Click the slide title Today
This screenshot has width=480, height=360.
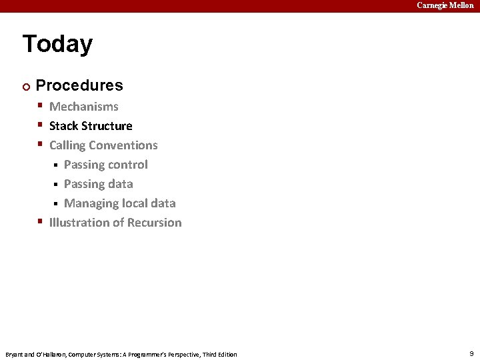[57, 44]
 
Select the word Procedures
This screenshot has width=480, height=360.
[79, 85]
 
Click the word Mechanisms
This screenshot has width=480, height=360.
[84, 107]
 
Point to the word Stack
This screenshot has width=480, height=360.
[64, 126]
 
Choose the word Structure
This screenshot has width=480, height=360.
[107, 126]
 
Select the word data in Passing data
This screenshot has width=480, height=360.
[121, 184]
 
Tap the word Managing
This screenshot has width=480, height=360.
[91, 204]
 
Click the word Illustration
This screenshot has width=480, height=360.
[79, 223]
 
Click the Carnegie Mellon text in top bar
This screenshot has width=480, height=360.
[445, 5]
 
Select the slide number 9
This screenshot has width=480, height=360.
[471, 353]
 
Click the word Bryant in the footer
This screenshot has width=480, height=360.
[14, 354]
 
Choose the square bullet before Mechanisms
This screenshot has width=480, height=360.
[41, 106]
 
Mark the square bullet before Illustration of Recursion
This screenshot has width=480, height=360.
[41, 222]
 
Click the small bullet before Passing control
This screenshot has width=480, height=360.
[57, 165]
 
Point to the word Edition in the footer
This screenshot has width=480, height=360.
[226, 354]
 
